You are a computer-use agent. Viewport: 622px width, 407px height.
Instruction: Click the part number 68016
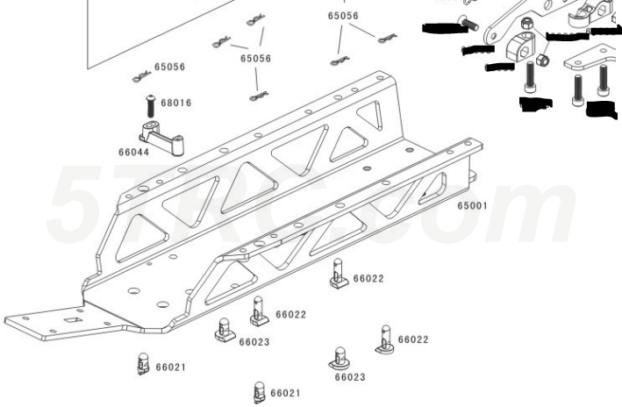pyautogui.click(x=176, y=103)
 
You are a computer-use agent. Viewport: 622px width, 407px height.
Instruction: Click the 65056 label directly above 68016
pyautogui.click(x=169, y=67)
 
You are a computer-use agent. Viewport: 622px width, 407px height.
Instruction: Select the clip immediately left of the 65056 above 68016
pyautogui.click(x=140, y=76)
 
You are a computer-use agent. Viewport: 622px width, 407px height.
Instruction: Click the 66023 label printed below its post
pyautogui.click(x=349, y=377)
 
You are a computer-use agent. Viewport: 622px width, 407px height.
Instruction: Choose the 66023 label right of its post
pyautogui.click(x=254, y=341)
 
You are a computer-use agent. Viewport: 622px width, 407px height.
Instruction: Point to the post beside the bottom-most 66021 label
pyautogui.click(x=259, y=390)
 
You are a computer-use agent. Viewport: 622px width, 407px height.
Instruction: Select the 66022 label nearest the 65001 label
pyautogui.click(x=368, y=278)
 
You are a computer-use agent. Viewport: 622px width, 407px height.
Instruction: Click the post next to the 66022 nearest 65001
pyautogui.click(x=339, y=275)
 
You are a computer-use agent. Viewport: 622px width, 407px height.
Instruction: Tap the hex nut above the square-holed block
pyautogui.click(x=525, y=24)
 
